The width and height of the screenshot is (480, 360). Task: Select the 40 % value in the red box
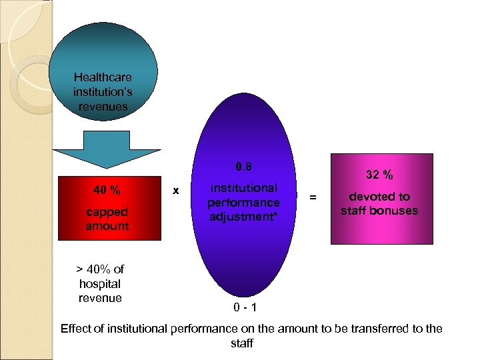107,190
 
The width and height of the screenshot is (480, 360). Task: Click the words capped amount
107,219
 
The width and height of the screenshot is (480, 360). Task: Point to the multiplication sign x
175,191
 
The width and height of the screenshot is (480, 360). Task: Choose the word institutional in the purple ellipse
243,188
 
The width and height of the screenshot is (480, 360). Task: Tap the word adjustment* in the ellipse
243,217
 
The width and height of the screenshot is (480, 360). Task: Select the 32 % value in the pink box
379,175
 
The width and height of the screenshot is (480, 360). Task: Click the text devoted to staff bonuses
379,204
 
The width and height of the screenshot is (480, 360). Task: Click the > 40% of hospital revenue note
100,283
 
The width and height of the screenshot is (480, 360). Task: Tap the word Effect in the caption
76,329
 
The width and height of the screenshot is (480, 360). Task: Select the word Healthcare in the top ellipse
103,77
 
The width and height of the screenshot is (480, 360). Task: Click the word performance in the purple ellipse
243,202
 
